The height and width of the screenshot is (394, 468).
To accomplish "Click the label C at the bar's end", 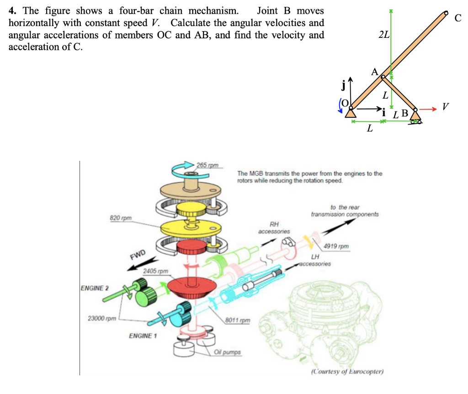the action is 458,18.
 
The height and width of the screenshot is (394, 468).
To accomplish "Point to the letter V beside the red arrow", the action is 446,107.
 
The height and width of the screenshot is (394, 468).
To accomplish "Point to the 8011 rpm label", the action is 239,320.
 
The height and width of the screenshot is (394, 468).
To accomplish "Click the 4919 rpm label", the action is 336,247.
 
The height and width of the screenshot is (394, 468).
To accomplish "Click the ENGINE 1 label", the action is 143,336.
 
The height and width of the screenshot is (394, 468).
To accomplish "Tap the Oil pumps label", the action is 228,352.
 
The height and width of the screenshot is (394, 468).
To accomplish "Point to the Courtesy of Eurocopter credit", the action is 347,371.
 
